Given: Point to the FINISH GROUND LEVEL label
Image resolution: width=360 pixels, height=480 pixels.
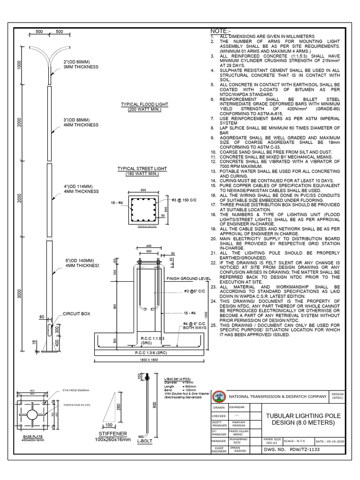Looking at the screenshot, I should coord(189,278).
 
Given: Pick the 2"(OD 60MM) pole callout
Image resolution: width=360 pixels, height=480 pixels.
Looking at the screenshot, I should coord(77,62).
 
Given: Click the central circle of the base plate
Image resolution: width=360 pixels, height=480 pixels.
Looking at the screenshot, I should coord(33,415).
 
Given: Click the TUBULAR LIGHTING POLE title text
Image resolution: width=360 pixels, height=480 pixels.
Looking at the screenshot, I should coord(304,416).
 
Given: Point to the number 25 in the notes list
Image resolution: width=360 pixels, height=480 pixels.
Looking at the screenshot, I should coord(213,324).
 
